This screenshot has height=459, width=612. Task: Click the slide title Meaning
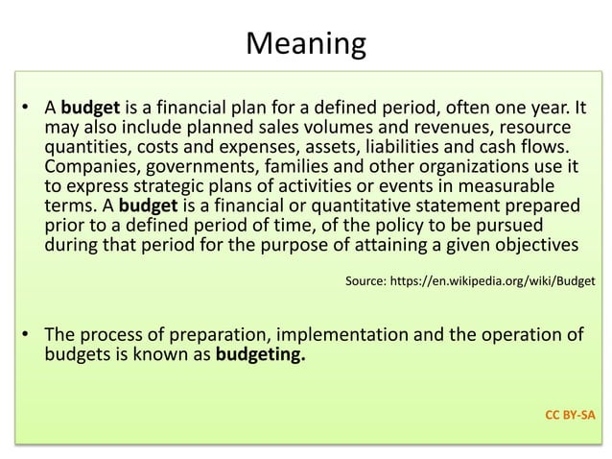[306, 43]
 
